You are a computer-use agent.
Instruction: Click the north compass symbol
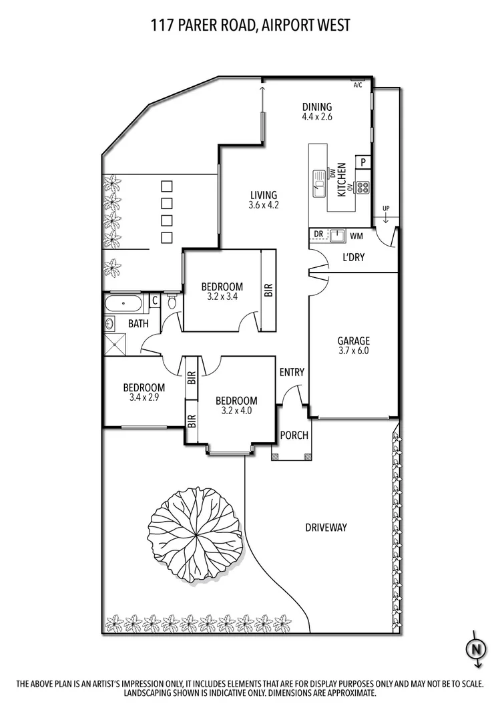[476, 648]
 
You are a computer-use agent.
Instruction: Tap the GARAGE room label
[352, 340]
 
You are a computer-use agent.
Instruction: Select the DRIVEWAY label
[326, 528]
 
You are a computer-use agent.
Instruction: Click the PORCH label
[294, 435]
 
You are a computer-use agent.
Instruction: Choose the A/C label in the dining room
[357, 85]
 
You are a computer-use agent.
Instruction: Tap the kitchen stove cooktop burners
[363, 187]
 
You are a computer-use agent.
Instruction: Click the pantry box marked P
[364, 162]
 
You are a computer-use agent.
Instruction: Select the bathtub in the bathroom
[123, 305]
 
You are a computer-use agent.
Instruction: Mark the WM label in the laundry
[356, 236]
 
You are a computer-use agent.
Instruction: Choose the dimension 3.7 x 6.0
[352, 350]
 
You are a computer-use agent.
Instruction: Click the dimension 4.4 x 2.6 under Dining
[316, 116]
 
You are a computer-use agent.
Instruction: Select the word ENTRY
[292, 372]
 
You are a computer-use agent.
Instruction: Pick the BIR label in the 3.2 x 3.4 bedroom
[268, 290]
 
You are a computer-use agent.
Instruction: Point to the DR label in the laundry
[318, 235]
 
